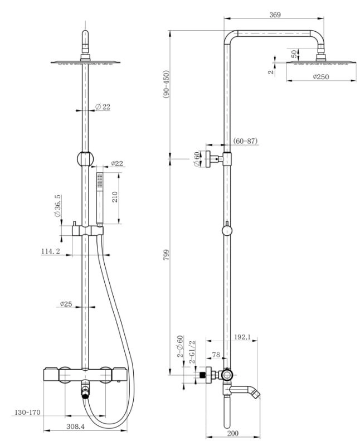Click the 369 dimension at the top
click(x=275, y=14)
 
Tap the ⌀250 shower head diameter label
click(x=320, y=76)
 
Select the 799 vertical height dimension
click(x=167, y=255)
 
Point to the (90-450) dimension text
click(x=166, y=84)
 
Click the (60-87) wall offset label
click(x=245, y=141)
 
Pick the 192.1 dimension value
click(x=242, y=337)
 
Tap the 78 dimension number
click(x=216, y=355)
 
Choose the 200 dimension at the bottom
click(x=233, y=433)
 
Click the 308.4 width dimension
click(x=75, y=427)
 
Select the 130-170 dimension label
click(x=27, y=413)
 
